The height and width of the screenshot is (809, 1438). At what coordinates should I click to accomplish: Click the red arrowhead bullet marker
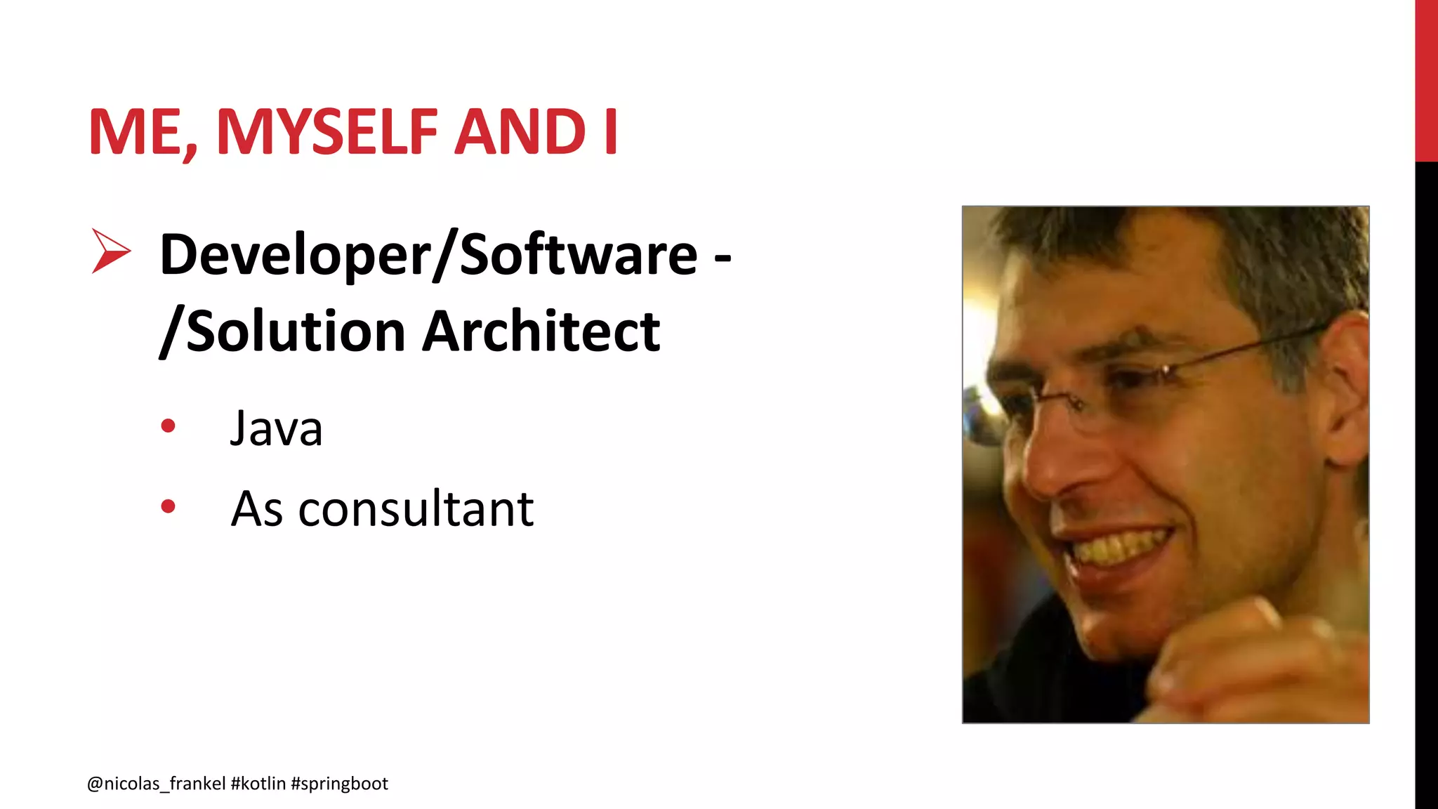tap(110, 251)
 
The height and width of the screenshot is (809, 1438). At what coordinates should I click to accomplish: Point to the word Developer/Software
tap(428, 254)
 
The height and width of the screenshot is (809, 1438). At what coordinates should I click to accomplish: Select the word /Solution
tap(282, 331)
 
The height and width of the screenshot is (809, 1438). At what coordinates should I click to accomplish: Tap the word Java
tap(276, 428)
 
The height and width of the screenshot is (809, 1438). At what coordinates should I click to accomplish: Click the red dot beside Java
tap(168, 426)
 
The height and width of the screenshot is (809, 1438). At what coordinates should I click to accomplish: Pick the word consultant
tap(416, 508)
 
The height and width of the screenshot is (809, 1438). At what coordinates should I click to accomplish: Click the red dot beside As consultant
tap(168, 506)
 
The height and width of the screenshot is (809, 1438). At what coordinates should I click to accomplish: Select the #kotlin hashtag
tap(258, 784)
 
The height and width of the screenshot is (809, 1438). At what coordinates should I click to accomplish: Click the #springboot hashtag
tap(339, 784)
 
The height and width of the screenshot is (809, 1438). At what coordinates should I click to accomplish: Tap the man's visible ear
tap(1345, 393)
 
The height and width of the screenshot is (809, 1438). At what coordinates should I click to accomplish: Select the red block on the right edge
tap(1426, 81)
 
